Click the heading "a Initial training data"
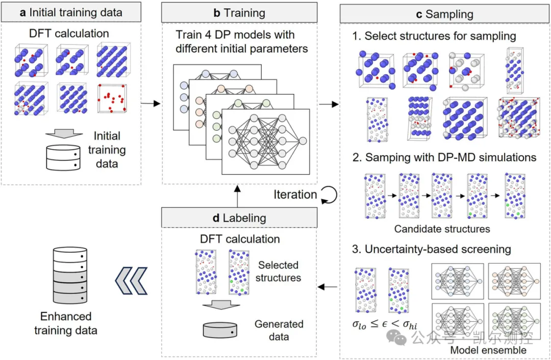pos(71,13)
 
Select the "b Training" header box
pos(239,13)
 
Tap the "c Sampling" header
pos(444,14)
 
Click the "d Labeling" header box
pos(239,218)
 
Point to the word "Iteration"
pos(295,195)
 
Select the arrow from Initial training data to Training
pos(151,103)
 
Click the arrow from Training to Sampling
pos(329,104)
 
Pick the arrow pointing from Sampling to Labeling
pos(327,287)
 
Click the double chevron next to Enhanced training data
pos(131,280)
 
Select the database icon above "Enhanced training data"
pos(70,275)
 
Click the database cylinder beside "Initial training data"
pos(63,158)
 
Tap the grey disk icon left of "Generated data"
pos(220,330)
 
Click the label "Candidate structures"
pos(442,229)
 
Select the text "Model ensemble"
pos(488,350)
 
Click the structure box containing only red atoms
pos(112,98)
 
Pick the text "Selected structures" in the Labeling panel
pos(278,272)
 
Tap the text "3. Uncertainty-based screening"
pos(432,249)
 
